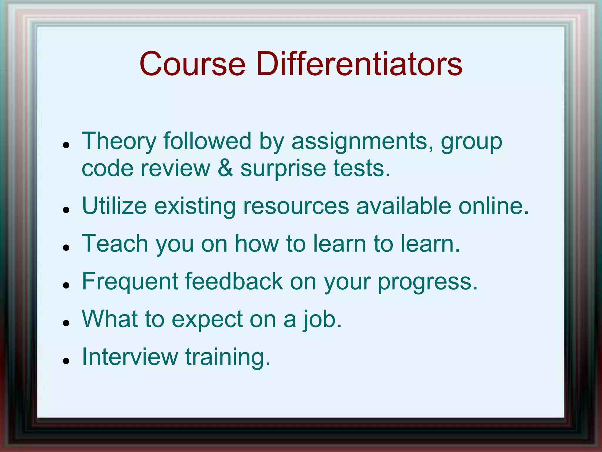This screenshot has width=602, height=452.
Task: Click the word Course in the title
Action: [192, 64]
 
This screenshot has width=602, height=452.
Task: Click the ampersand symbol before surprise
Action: [225, 168]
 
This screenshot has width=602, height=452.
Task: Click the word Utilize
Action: [114, 206]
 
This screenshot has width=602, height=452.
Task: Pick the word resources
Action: [296, 206]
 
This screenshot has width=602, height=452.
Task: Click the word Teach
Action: [115, 244]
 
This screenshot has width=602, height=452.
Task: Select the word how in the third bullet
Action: [257, 244]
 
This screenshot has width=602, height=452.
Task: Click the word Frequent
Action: [130, 281]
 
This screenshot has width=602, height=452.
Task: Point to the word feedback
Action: [234, 281]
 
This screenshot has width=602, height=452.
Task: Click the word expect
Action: [207, 319]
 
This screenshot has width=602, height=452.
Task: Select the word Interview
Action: [130, 357]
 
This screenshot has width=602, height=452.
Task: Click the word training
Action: [228, 357]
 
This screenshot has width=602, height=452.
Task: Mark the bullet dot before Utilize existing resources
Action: [66, 210]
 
